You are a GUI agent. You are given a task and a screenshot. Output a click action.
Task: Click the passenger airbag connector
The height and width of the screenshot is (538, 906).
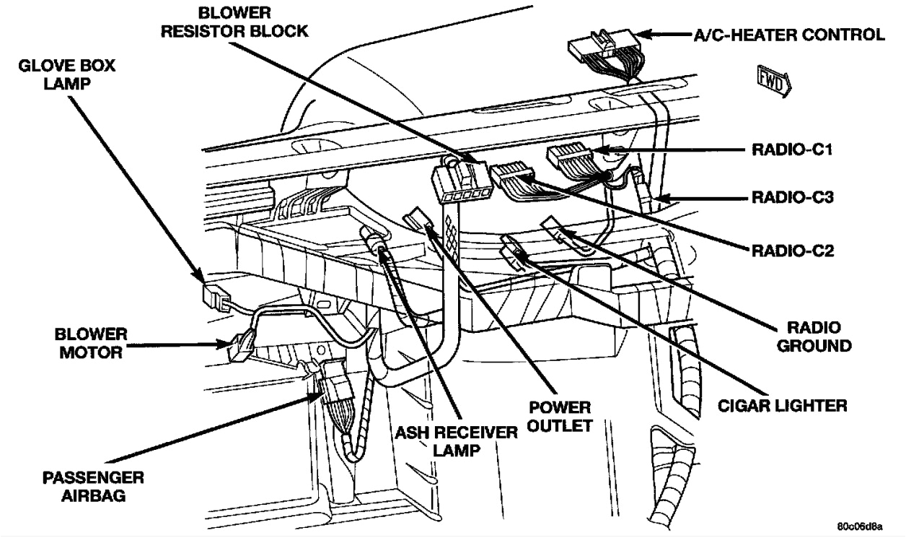333,391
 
